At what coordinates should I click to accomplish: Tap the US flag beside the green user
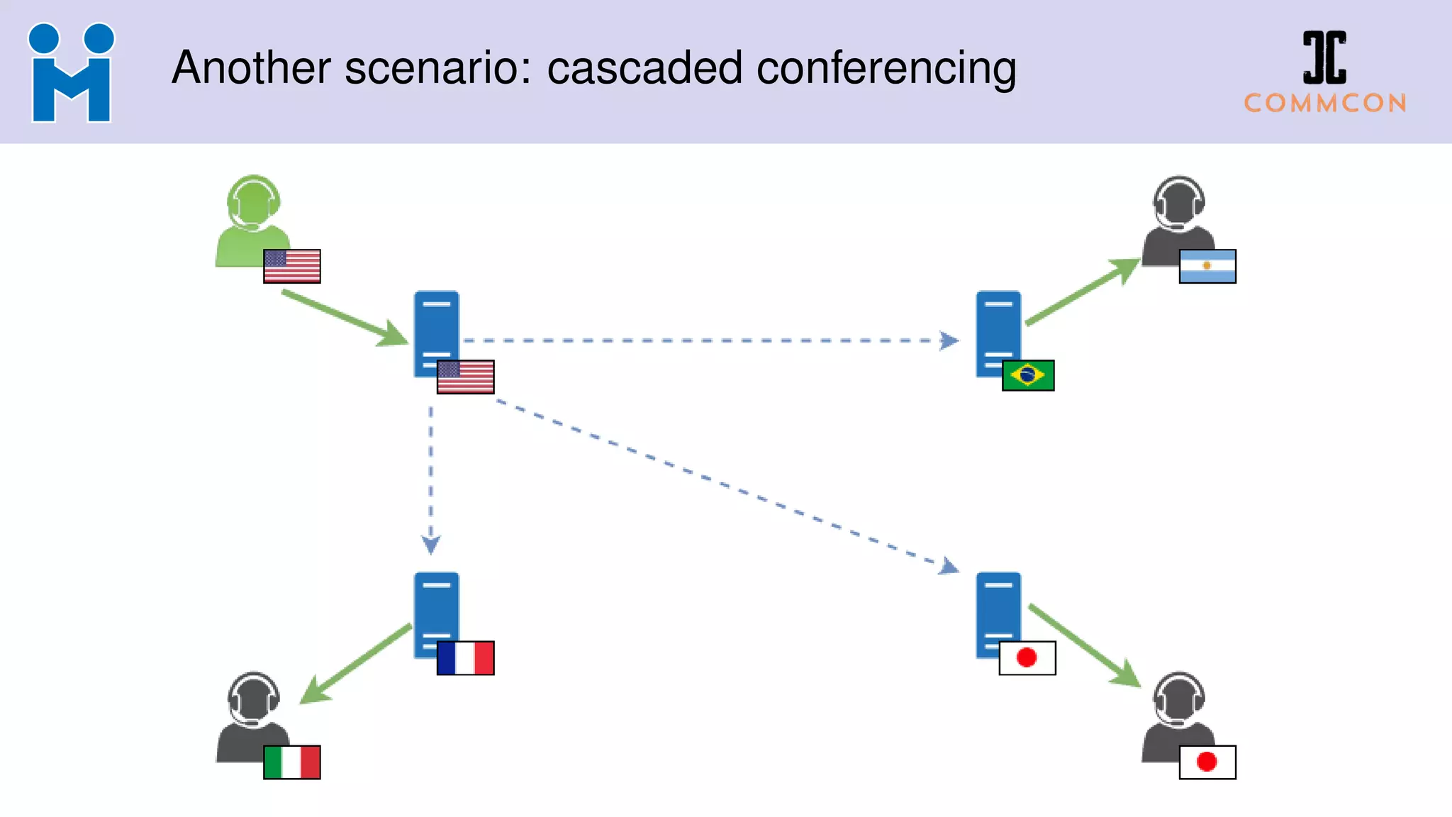[292, 266]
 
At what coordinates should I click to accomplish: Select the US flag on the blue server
[465, 377]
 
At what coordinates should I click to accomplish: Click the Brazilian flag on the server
[1027, 375]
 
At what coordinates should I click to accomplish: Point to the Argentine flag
[1207, 266]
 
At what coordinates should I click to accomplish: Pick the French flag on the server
[465, 657]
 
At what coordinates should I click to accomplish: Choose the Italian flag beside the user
[292, 762]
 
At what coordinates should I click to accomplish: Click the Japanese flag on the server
[1027, 657]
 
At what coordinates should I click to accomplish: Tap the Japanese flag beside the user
[1207, 762]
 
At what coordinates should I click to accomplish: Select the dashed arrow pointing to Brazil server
[709, 340]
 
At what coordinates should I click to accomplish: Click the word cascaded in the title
[644, 69]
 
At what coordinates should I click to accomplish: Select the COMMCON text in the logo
[1325, 104]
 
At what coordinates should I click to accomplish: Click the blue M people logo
[71, 72]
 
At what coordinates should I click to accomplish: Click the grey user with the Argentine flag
[1177, 220]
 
